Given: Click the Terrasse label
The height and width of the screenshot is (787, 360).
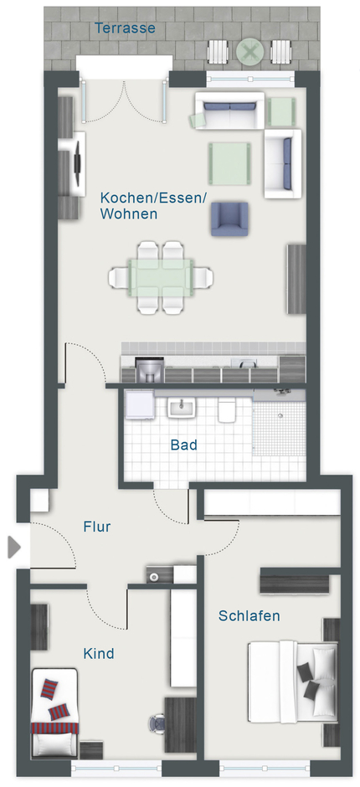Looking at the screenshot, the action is (125, 28).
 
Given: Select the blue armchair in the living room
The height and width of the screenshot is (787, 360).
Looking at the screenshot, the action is (229, 219).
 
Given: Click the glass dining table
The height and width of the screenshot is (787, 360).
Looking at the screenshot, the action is (161, 278).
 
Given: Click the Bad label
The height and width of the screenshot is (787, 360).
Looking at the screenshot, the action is (183, 445).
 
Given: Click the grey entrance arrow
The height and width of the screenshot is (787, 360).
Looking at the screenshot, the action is (14, 547).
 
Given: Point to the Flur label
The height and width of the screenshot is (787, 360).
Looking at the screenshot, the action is (97, 527).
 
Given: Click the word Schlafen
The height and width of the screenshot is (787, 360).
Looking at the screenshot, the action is (249, 616).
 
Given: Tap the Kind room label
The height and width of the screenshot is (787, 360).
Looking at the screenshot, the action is (99, 654).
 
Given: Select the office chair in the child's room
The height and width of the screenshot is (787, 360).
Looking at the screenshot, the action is (157, 723).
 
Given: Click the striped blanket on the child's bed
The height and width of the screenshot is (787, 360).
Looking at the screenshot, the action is (54, 728).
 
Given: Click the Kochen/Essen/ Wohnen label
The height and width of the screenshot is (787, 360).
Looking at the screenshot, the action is (153, 206).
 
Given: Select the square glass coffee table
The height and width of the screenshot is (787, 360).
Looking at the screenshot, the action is (229, 163).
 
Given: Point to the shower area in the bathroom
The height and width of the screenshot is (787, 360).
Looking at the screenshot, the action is (279, 428).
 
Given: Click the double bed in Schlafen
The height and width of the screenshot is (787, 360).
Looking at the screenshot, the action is (293, 682).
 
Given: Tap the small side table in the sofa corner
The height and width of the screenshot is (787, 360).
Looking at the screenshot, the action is (281, 112).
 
